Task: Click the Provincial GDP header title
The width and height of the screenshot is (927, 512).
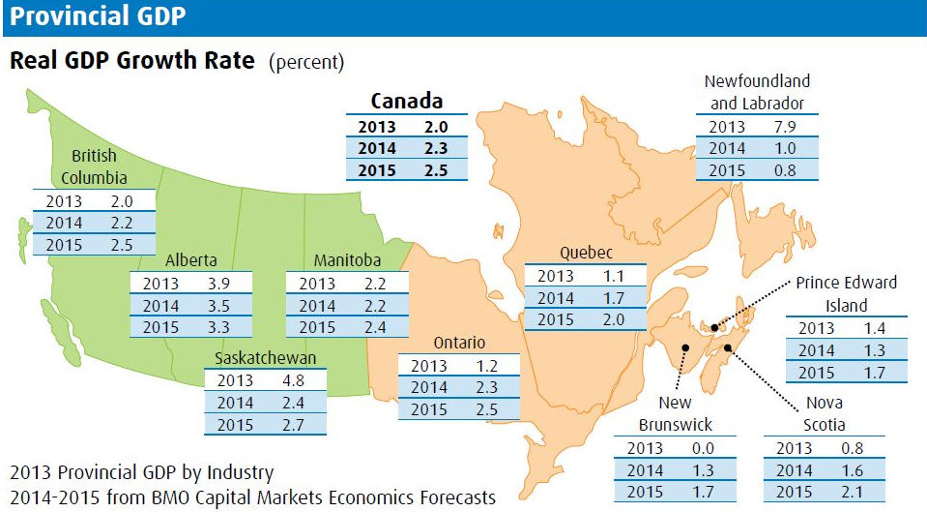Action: coord(99,16)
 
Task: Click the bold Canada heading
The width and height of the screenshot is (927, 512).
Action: coord(407,102)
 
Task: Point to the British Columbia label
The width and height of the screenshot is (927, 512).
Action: coord(94,166)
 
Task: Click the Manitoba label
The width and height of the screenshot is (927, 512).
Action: coord(347,260)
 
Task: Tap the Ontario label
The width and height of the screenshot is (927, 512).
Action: coord(459,343)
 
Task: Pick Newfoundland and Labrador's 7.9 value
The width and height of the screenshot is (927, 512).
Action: coord(785,127)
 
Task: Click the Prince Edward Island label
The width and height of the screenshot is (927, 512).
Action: coord(846,294)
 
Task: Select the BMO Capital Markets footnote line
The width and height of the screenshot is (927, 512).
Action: coord(252,497)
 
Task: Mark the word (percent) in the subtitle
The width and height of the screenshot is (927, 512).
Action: coord(306,63)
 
